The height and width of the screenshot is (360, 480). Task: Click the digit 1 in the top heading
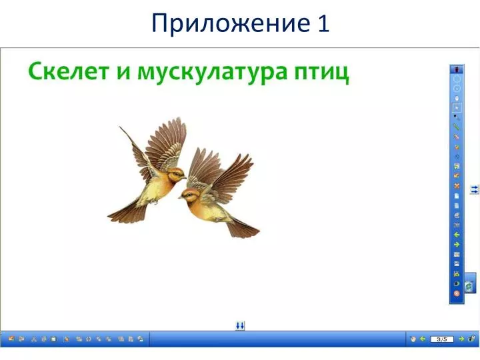pyautogui.click(x=323, y=23)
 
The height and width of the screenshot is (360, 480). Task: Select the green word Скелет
pyautogui.click(x=69, y=71)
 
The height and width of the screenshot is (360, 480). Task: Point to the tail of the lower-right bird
pyautogui.click(x=243, y=227)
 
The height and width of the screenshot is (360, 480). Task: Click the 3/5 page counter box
pyautogui.click(x=442, y=339)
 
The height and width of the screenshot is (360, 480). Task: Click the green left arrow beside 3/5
pyautogui.click(x=423, y=339)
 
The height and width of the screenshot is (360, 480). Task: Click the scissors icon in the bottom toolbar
pyautogui.click(x=34, y=339)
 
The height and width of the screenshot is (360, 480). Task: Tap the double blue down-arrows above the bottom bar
pyautogui.click(x=240, y=325)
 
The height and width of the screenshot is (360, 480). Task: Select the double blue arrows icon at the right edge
pyautogui.click(x=475, y=189)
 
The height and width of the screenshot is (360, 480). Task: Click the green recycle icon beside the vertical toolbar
pyautogui.click(x=469, y=287)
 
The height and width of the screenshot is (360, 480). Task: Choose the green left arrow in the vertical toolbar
pyautogui.click(x=457, y=235)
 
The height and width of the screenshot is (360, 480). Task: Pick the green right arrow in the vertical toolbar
pyautogui.click(x=457, y=245)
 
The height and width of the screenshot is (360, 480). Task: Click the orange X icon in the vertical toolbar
pyautogui.click(x=457, y=186)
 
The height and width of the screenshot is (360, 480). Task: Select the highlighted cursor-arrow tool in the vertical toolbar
pyautogui.click(x=457, y=108)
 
